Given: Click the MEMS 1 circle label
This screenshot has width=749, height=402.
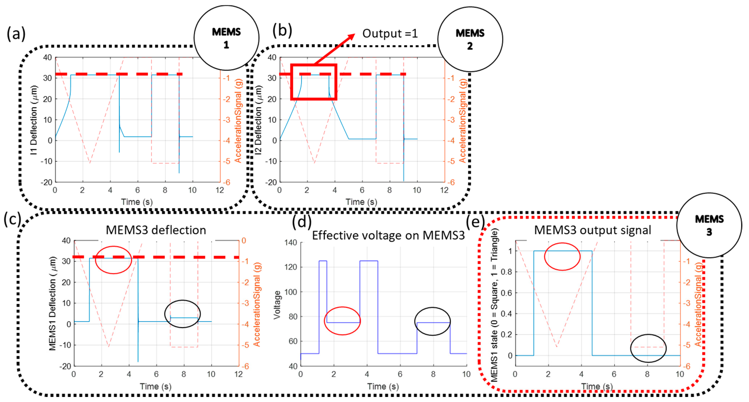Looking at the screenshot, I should [226, 38].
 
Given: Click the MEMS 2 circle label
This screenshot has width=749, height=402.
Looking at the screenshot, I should [470, 39].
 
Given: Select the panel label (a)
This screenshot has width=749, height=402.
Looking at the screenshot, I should [16, 33].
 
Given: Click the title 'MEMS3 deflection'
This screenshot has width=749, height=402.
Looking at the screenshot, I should [156, 230].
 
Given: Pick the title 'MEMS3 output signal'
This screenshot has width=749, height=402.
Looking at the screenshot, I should [592, 230].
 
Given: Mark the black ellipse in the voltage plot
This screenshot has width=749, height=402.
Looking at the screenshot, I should [432, 321].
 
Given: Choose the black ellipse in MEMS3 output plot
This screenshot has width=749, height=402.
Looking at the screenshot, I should [648, 348].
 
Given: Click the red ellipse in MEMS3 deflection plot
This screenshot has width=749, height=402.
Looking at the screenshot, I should [113, 260].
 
